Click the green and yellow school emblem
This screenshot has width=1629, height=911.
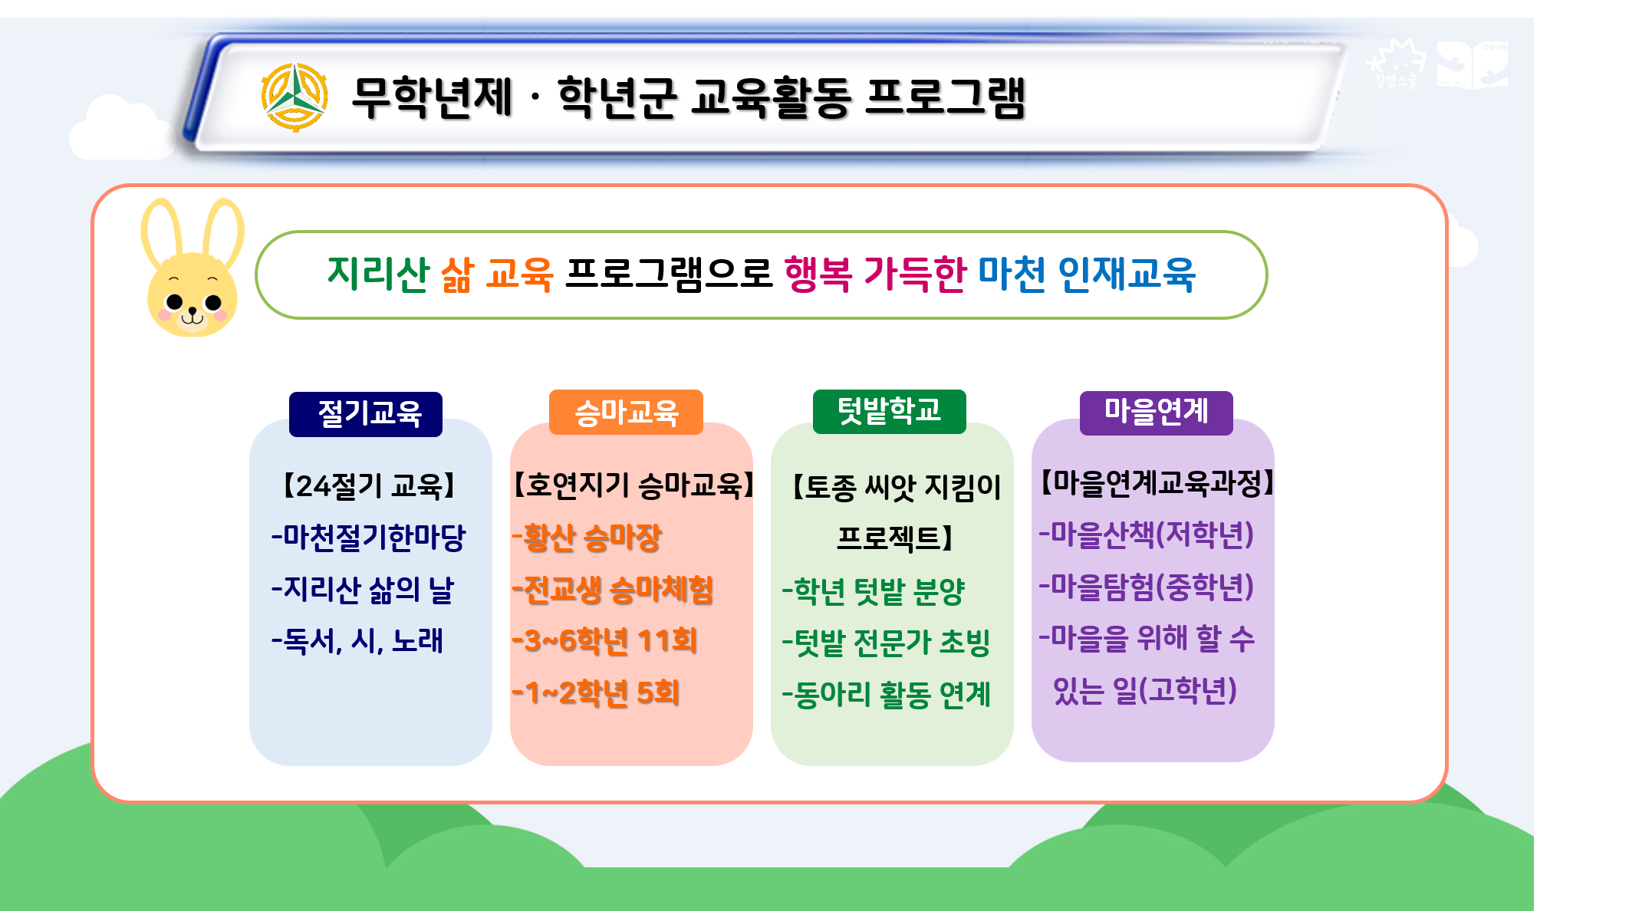tap(295, 97)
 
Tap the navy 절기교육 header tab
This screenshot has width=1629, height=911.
tap(366, 414)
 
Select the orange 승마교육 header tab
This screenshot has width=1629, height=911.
tap(626, 413)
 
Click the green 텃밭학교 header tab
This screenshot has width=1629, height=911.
tap(889, 412)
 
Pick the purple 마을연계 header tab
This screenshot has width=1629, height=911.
tap(1156, 413)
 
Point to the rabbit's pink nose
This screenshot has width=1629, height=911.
tap(193, 311)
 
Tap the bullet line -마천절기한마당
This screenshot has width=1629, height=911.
tap(368, 537)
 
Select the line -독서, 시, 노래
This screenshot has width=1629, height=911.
tap(357, 640)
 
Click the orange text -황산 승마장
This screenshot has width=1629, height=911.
tap(587, 538)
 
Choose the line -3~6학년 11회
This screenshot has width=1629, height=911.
tap(604, 641)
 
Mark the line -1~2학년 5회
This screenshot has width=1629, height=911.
tap(596, 693)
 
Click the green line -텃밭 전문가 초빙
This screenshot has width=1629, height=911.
tap(886, 643)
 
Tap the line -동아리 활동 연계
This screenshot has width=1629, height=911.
tap(886, 695)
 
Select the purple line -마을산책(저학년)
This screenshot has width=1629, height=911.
tap(1146, 534)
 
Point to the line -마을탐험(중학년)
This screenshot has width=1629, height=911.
tap(1146, 587)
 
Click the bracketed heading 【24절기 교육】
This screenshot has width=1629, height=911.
tap(369, 485)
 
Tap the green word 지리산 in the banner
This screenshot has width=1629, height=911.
tap(378, 274)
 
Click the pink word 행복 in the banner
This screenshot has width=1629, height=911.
tap(818, 274)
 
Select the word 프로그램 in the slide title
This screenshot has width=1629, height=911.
tap(945, 97)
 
